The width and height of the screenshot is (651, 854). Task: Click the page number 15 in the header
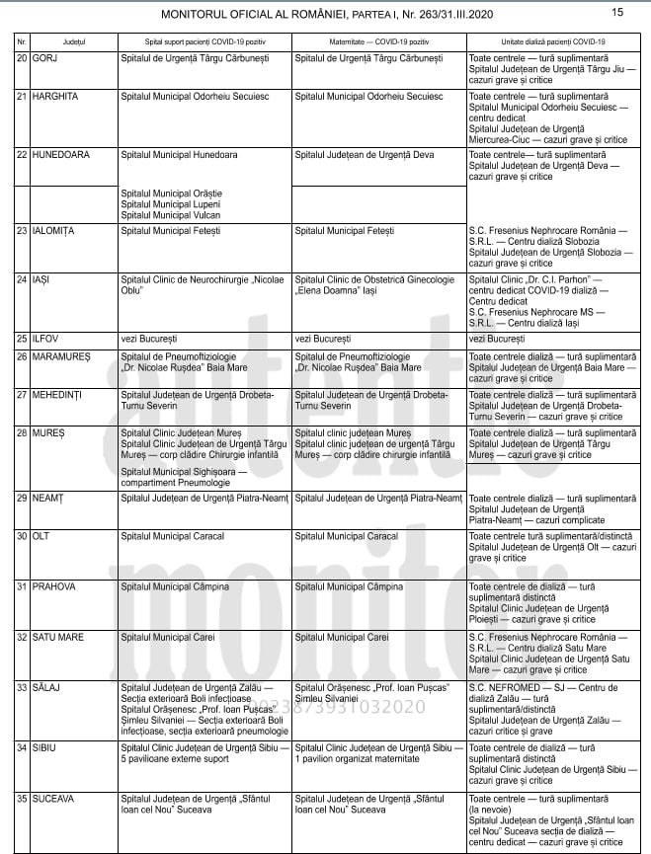pos(617,13)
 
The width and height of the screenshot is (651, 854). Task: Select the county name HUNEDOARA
pos(61,156)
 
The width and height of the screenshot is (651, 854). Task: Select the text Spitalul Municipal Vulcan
pos(171,215)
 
